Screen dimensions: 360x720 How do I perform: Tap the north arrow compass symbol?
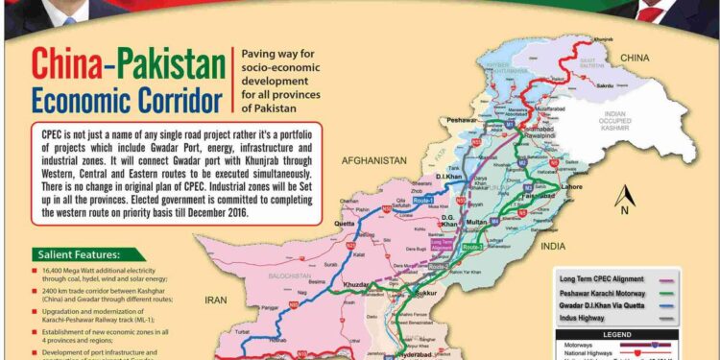[624, 197]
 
